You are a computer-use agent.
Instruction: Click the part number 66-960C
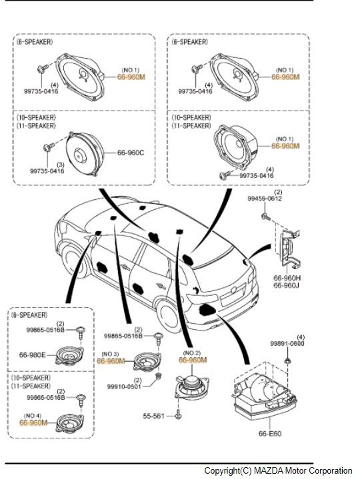point(131,153)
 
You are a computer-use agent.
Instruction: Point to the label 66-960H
point(287,277)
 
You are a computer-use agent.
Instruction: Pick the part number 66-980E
point(33,355)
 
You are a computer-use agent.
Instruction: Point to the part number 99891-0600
point(287,344)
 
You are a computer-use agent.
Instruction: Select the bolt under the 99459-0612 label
point(265,217)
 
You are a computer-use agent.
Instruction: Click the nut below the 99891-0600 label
point(287,360)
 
